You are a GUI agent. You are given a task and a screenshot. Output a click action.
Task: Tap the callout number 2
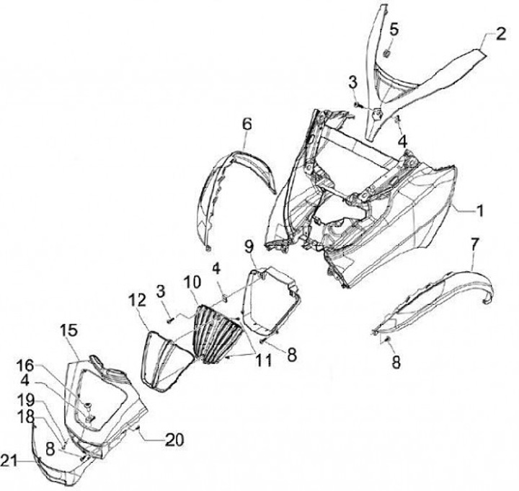point(497,34)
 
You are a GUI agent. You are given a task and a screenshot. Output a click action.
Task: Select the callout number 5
point(394,29)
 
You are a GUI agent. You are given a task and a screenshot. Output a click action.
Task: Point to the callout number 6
point(247,124)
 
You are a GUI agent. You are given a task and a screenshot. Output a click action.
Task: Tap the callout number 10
point(191,282)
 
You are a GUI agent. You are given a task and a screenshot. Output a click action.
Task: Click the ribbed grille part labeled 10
point(216,332)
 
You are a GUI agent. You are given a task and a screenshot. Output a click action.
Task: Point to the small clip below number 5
point(386,54)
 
